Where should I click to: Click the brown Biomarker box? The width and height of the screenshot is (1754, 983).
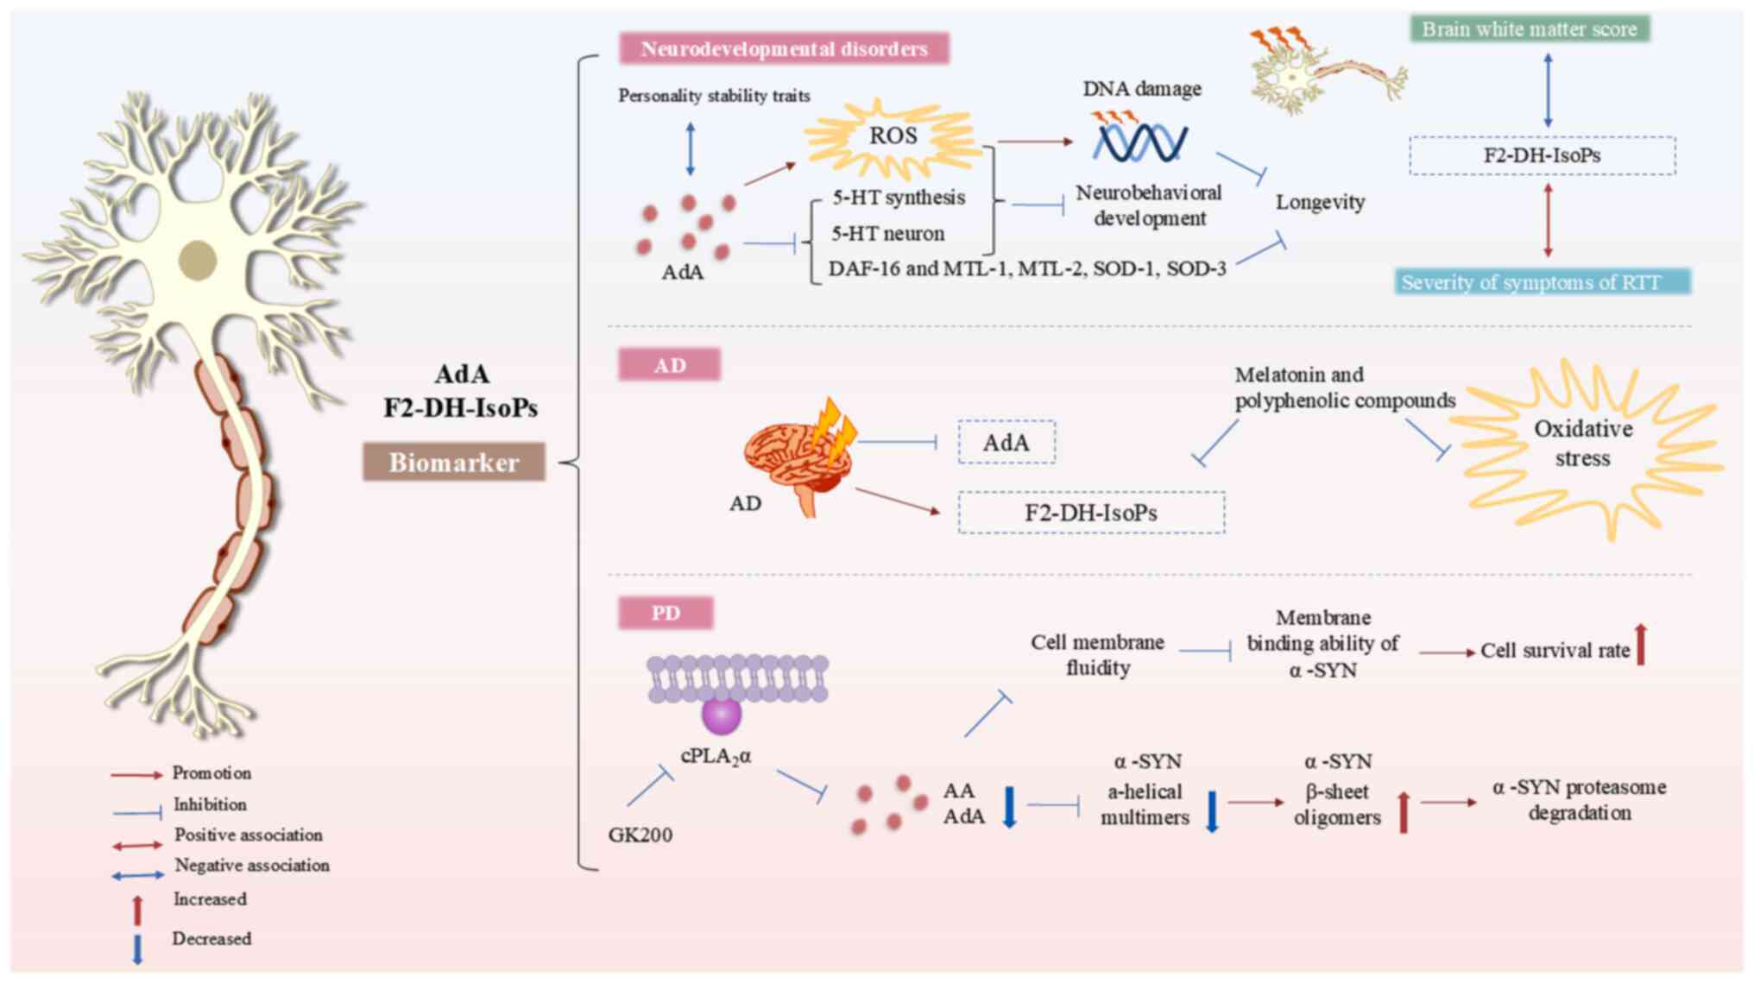454,463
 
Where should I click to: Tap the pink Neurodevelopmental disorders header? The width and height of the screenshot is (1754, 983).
784,49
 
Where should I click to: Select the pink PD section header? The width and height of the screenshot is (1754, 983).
666,613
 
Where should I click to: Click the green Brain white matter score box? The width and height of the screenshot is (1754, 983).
1530,29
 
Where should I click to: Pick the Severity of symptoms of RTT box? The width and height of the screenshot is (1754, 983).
1543,282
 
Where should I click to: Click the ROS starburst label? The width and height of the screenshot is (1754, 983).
893,136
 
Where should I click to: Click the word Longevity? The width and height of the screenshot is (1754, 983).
1321,203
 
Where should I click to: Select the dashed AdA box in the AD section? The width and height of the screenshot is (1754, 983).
1006,443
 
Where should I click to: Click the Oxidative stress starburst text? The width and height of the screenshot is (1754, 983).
1583,444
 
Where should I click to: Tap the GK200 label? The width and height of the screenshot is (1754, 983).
640,835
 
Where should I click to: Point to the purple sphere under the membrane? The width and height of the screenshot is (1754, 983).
722,715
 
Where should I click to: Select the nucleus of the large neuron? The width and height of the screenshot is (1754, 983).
198,261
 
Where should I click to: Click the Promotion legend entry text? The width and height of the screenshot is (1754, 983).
211,772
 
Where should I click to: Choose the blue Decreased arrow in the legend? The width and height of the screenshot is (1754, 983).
137,948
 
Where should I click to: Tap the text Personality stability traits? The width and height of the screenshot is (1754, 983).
714,96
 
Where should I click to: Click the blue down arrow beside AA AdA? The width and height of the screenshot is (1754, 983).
1009,807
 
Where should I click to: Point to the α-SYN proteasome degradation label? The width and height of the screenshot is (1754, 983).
1579,800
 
